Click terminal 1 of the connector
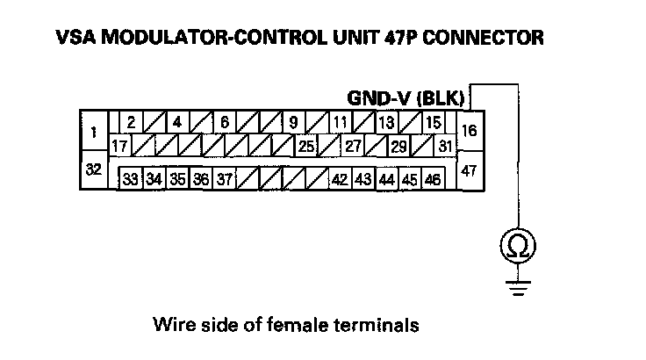(x=93, y=133)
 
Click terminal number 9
(x=292, y=123)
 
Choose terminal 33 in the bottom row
(x=131, y=179)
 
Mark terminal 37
(x=225, y=179)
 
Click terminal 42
(x=341, y=179)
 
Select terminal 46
(x=432, y=179)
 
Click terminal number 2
(x=130, y=123)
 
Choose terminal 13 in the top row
(x=386, y=123)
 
